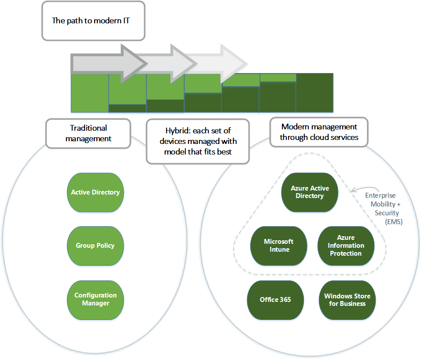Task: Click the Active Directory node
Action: [95, 192]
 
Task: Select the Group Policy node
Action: [95, 246]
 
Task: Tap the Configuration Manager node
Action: [95, 299]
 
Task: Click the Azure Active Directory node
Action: [310, 192]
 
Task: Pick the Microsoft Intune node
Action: [278, 246]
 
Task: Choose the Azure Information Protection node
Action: [346, 246]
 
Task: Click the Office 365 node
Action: [275, 300]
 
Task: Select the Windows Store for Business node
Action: [347, 300]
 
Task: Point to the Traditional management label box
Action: [88, 133]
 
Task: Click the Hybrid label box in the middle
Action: [198, 141]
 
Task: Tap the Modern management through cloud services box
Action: [318, 132]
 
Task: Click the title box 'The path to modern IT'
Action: [93, 21]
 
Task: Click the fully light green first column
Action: [89, 93]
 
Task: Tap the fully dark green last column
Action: [315, 93]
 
